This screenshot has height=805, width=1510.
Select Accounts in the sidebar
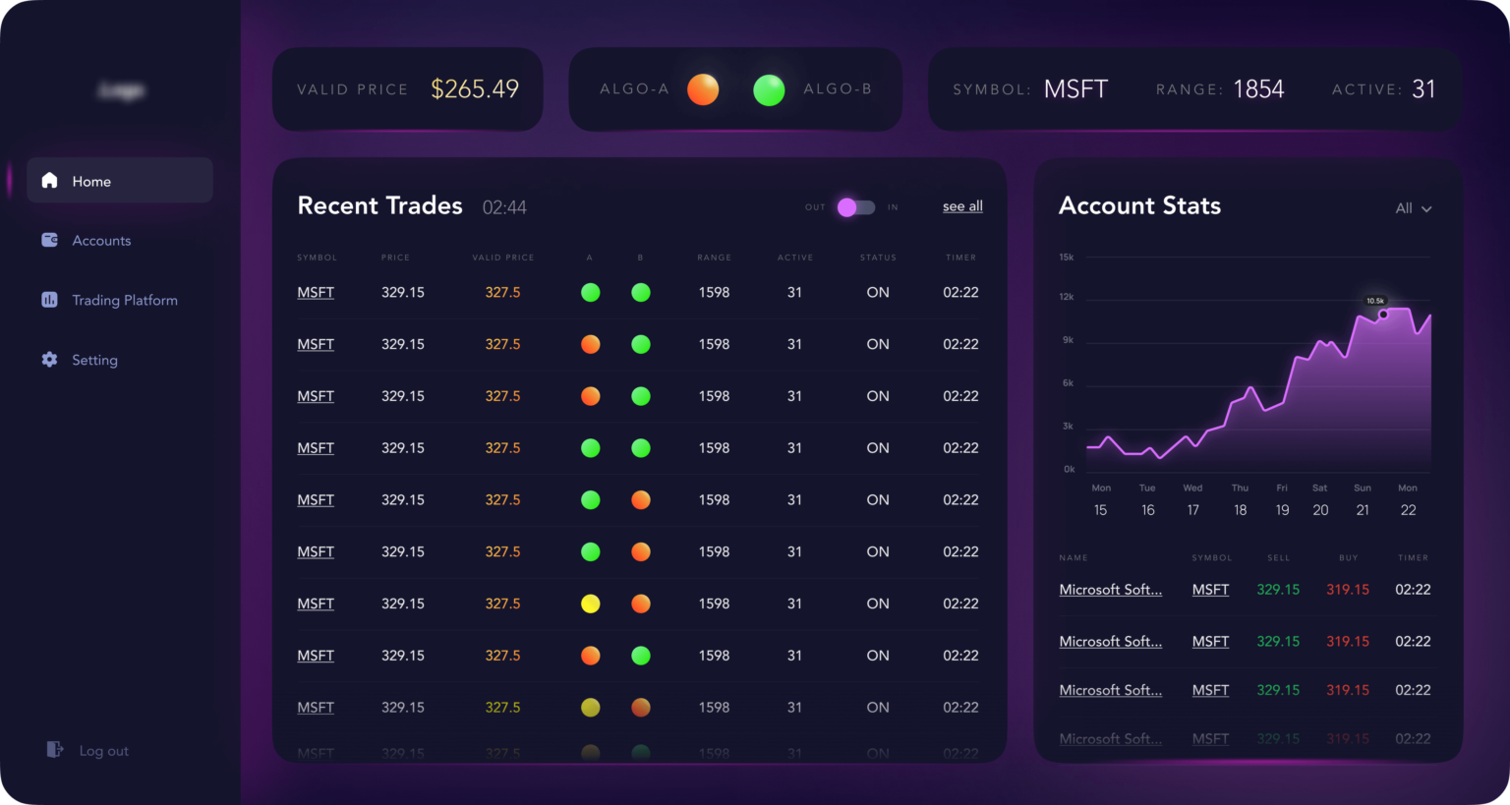(x=100, y=241)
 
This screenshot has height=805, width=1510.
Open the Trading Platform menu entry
(x=124, y=301)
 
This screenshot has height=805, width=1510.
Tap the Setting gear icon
(x=50, y=360)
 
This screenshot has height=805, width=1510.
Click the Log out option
(x=102, y=751)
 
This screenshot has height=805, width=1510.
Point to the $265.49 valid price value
(x=475, y=89)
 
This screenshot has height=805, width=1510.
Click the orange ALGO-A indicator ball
(x=703, y=89)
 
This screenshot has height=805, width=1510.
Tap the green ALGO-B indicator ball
(x=769, y=89)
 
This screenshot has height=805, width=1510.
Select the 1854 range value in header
(x=1258, y=89)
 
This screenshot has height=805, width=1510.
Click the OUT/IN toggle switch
(x=855, y=207)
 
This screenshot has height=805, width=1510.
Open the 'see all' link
(x=962, y=206)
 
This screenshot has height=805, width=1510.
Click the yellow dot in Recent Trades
(x=591, y=604)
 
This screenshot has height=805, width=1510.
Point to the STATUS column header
(x=878, y=258)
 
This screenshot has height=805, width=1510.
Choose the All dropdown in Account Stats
(x=1413, y=208)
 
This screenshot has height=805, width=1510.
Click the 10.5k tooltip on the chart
(x=1375, y=301)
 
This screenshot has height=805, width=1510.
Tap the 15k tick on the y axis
(x=1067, y=258)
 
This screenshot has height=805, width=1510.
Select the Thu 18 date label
(x=1241, y=500)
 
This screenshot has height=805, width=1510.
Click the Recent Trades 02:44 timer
(x=504, y=207)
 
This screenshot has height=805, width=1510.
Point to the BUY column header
(x=1348, y=558)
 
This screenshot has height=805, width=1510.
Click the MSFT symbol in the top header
(x=1075, y=89)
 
